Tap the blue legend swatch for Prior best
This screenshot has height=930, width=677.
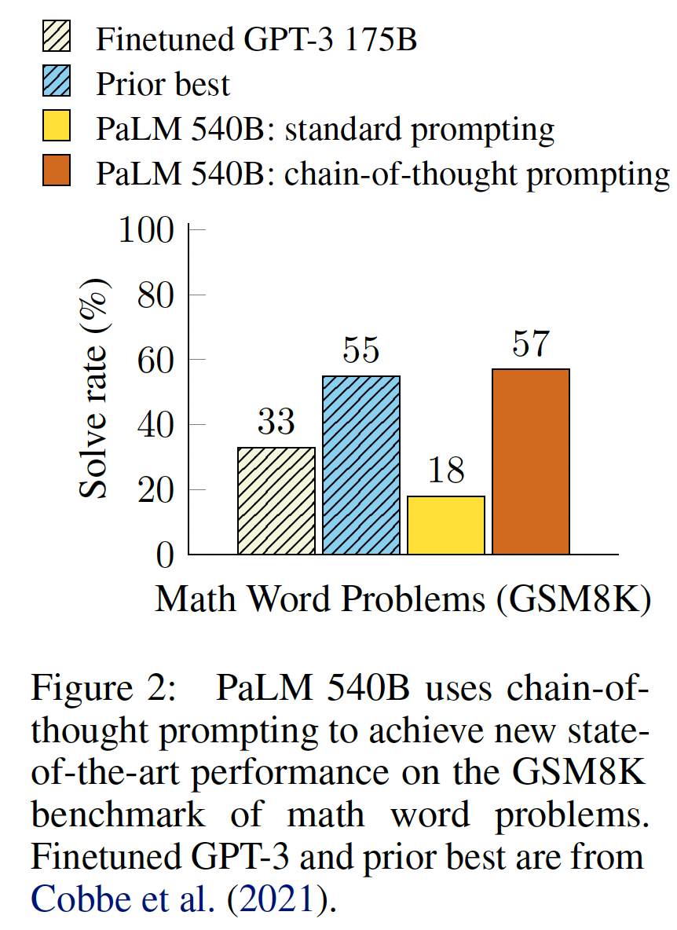(x=57, y=82)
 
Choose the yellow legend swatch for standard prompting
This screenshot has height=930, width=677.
(x=57, y=127)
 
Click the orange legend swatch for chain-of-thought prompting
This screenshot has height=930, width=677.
(x=57, y=172)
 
